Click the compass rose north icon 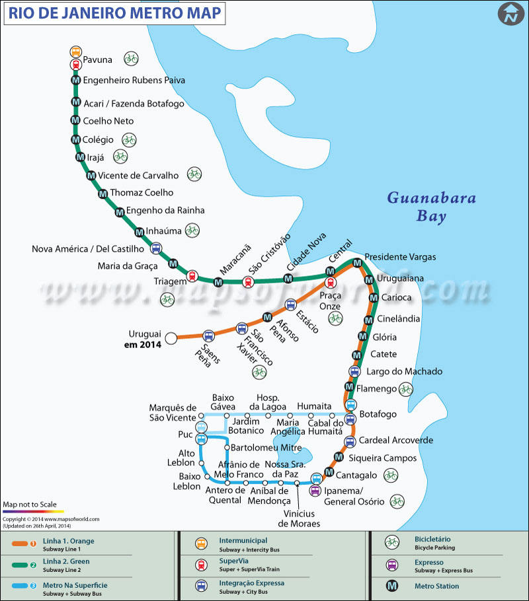(510, 15)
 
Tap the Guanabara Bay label (431, 206)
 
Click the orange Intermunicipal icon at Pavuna (75, 52)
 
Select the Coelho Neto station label (108, 121)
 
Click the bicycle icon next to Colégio (128, 139)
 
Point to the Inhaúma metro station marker (139, 232)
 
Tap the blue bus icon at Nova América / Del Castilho (155, 248)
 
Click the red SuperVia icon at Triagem (192, 276)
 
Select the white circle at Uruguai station (171, 338)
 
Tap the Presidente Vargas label (400, 256)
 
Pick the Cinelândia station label (398, 318)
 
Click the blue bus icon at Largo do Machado (354, 372)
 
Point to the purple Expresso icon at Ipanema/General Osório (315, 490)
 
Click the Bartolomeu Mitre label (266, 447)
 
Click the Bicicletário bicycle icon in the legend (391, 542)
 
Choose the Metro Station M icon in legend (391, 586)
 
